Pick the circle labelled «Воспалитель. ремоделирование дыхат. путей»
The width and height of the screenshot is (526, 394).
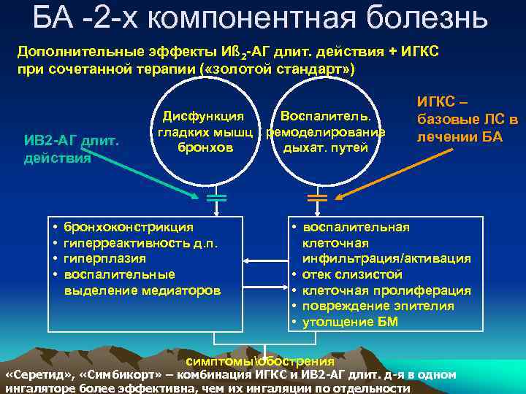325,131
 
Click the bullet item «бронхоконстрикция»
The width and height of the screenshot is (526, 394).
129,227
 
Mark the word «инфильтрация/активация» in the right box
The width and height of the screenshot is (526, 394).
386,258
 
